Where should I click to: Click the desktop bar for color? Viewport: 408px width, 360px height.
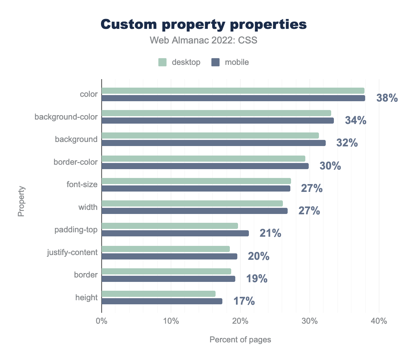(233, 91)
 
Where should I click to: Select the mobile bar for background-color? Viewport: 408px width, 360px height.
(218, 121)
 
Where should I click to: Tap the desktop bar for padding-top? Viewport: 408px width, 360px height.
(170, 226)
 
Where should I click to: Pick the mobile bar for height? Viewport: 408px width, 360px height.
(162, 301)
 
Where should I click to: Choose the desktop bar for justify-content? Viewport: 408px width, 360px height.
(166, 249)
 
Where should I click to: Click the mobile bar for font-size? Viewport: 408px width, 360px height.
(196, 188)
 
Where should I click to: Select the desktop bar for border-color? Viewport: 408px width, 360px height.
(203, 159)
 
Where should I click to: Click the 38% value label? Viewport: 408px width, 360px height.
(387, 98)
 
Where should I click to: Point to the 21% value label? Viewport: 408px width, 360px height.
(270, 233)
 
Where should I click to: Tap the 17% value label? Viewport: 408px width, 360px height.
(244, 301)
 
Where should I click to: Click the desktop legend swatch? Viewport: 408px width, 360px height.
(162, 62)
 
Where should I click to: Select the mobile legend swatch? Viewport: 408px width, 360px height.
(216, 62)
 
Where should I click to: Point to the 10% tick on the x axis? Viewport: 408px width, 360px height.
(171, 321)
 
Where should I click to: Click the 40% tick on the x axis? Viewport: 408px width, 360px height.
(379, 321)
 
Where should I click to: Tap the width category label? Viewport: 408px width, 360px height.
(88, 207)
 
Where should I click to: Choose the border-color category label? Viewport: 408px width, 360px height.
(75, 162)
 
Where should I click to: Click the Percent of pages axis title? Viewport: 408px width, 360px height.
(240, 340)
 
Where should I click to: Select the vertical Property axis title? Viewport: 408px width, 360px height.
(21, 201)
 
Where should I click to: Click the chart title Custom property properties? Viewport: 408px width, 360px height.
(204, 24)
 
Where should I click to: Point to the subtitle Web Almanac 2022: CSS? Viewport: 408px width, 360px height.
(204, 40)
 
